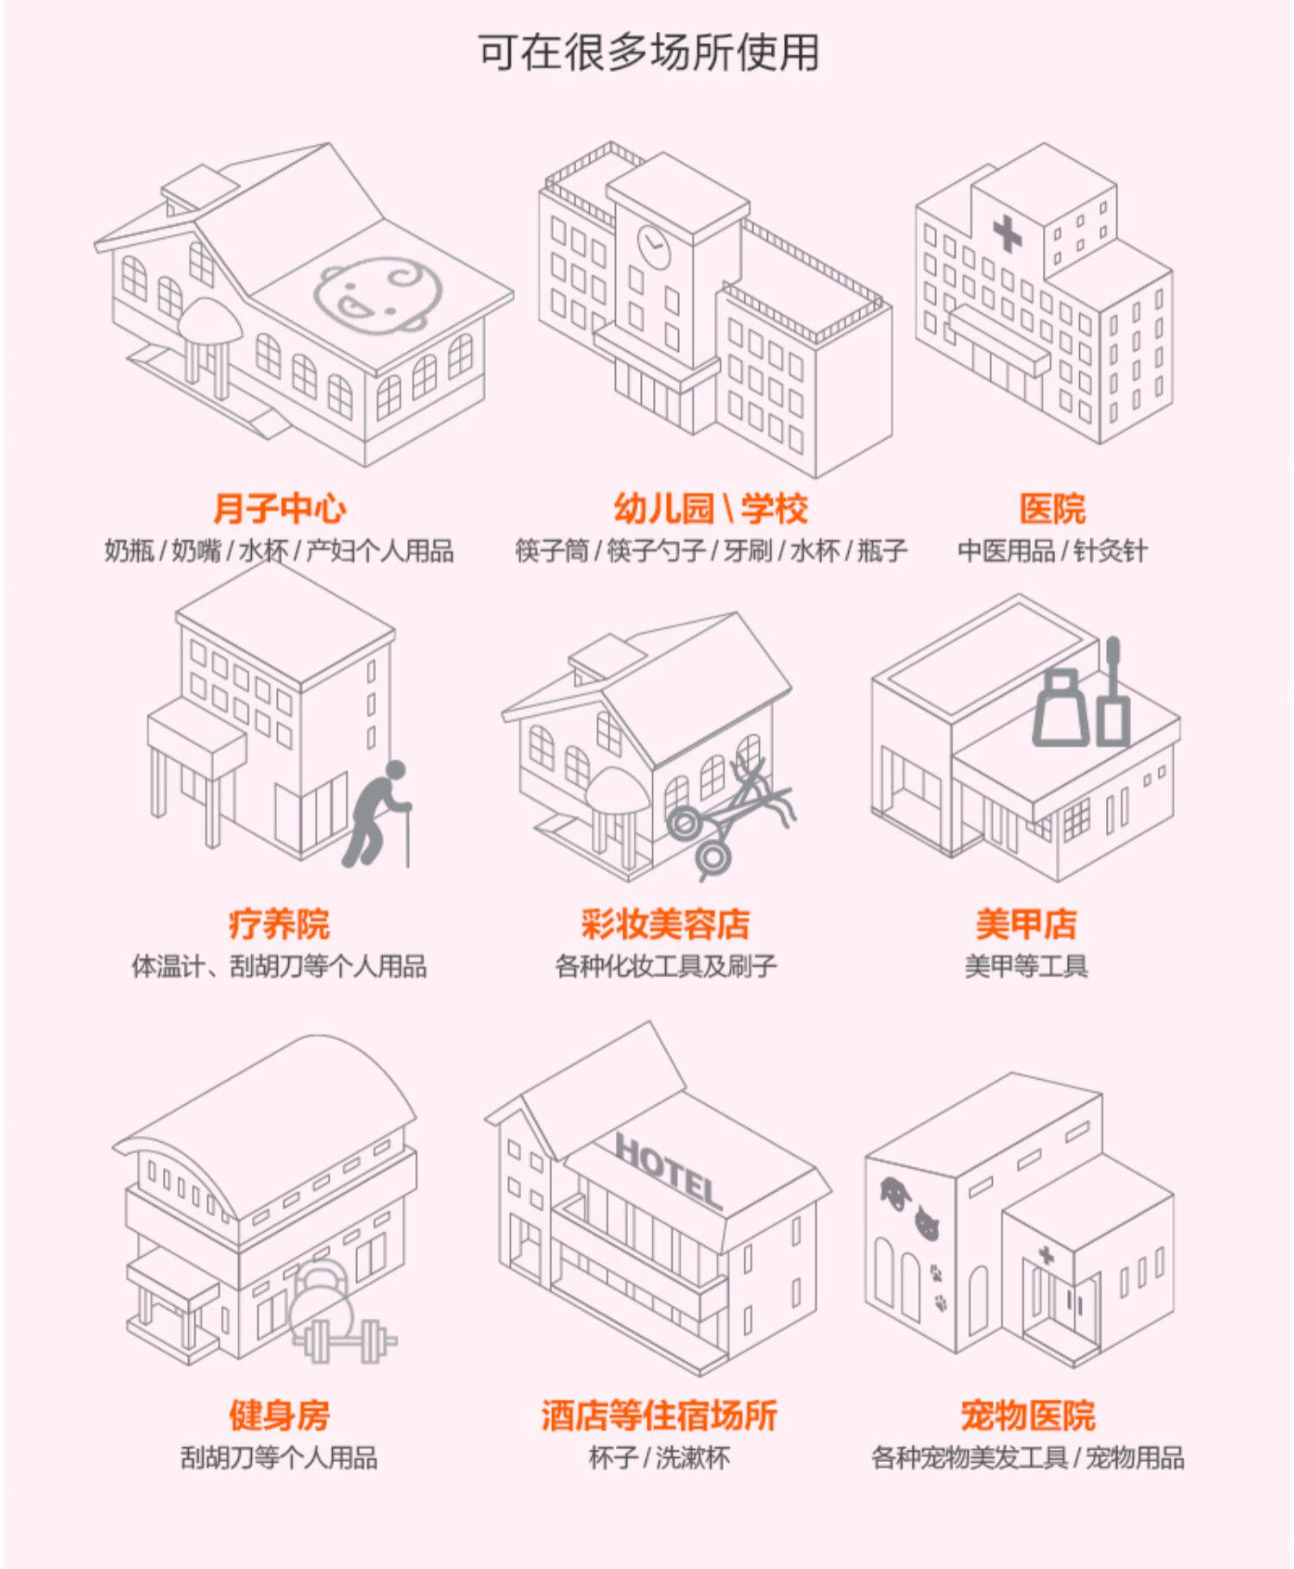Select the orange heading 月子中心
[280, 509]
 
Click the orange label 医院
[1052, 509]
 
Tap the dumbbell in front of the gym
[345, 1340]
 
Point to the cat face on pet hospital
[926, 1221]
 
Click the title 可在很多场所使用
[648, 53]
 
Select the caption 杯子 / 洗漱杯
[659, 1459]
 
